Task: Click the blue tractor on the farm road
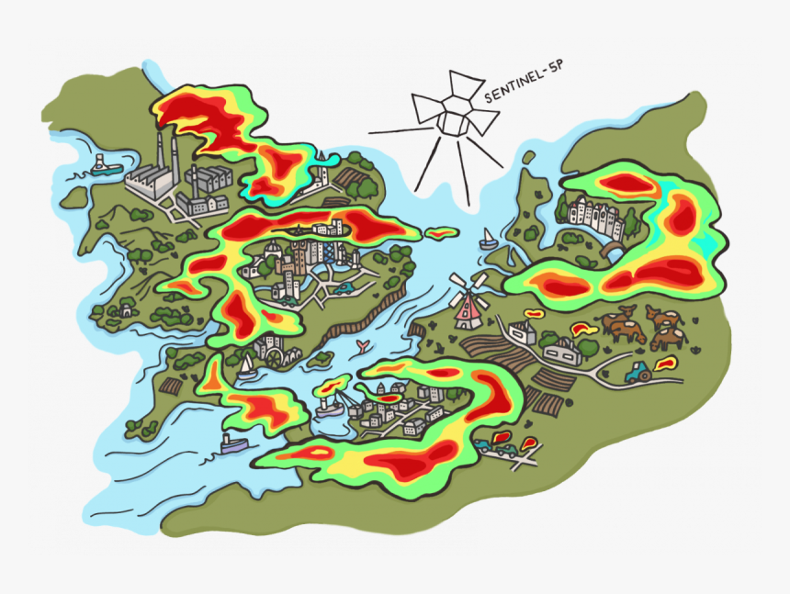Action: click(637, 372)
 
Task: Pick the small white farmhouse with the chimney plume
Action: click(523, 331)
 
